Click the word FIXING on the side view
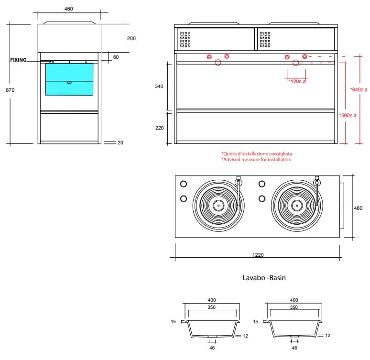point(18,60)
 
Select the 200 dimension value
point(131,38)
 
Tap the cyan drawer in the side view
point(69,79)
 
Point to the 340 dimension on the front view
point(160,87)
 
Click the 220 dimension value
point(160,128)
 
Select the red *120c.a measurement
point(297,82)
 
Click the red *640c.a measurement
point(359,89)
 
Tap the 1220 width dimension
point(258,255)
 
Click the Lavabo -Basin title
point(264,278)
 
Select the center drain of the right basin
point(296,206)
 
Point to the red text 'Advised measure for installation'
point(256,160)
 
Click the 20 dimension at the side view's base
point(120,142)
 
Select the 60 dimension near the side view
point(116,57)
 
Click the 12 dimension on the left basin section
point(245,336)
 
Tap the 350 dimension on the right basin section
point(294,307)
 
